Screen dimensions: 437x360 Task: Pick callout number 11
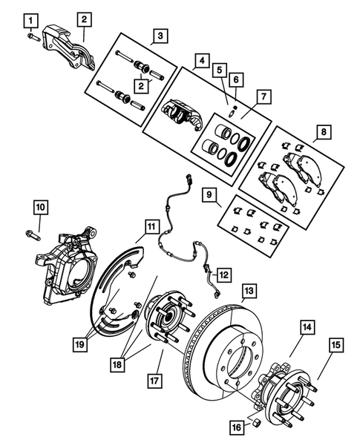click(x=152, y=226)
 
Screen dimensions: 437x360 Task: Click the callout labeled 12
click(x=223, y=274)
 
